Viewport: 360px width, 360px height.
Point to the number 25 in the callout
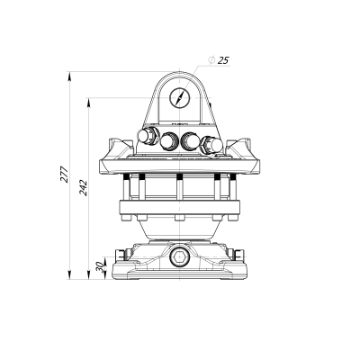[x=223, y=59]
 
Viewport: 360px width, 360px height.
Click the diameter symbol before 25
[x=211, y=59]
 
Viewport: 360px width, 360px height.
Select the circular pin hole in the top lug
[x=179, y=97]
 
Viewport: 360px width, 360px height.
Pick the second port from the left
[x=167, y=140]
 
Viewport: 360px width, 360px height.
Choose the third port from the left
[x=190, y=140]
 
